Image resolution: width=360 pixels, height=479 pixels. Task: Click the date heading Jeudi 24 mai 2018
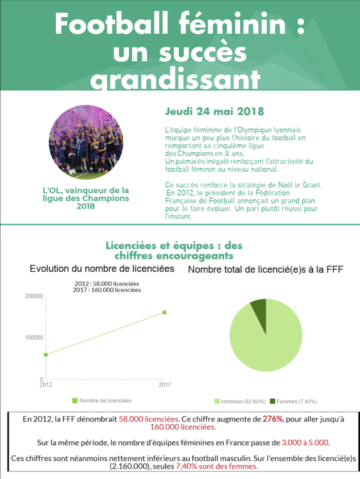[214, 112]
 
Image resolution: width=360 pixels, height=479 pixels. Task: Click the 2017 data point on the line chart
[164, 312]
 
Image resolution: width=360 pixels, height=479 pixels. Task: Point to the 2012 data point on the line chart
[46, 355]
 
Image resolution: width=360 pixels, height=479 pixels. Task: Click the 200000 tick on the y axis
[33, 296]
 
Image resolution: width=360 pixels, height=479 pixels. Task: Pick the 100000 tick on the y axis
[33, 337]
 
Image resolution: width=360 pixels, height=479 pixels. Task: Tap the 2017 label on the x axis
[164, 385]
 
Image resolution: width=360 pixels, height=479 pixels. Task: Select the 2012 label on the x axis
[45, 385]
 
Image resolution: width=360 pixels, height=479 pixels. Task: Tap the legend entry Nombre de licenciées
[102, 400]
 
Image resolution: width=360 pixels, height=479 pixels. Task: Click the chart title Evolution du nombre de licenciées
[102, 269]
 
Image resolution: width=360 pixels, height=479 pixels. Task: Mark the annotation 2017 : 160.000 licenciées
[107, 290]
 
